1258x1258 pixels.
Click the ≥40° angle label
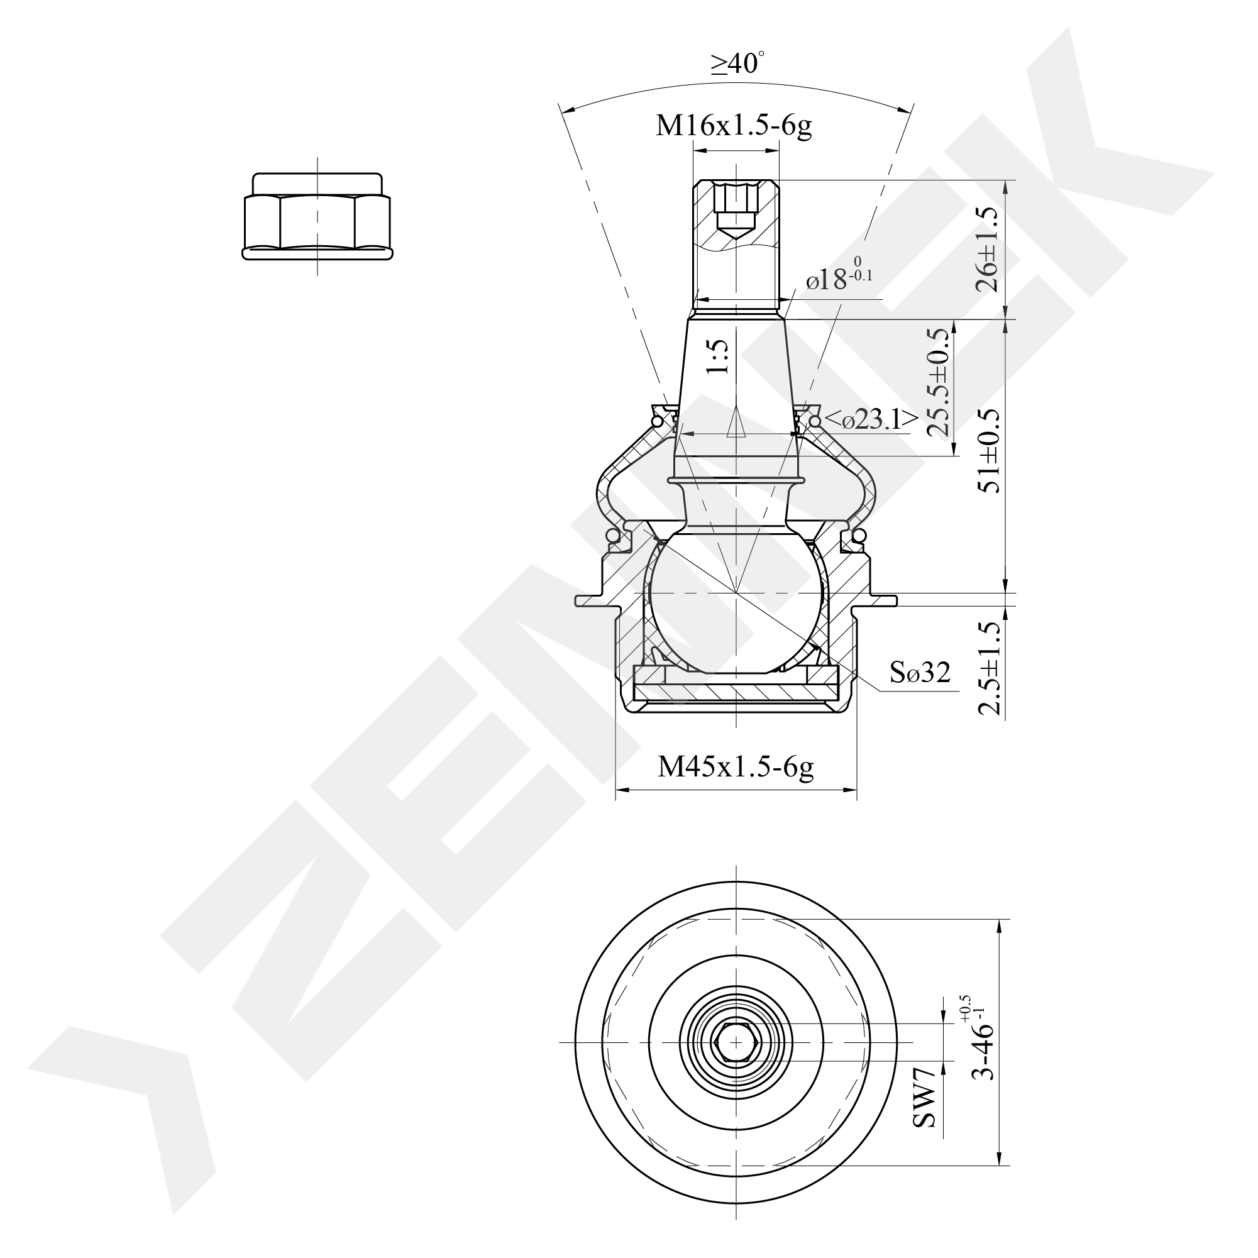click(737, 64)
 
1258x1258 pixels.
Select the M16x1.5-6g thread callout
click(734, 126)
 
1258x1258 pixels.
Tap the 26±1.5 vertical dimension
click(986, 250)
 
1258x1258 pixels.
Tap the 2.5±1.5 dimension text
click(988, 668)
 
